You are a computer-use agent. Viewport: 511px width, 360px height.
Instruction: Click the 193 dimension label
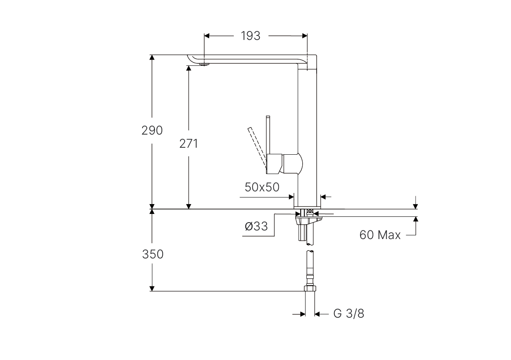(250, 36)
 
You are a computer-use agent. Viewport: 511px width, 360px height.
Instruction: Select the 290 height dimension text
(152, 130)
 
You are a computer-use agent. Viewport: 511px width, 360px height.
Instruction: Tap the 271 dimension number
(189, 144)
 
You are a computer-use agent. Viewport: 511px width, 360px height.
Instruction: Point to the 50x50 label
(262, 187)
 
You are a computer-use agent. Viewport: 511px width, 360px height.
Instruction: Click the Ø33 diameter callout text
(256, 226)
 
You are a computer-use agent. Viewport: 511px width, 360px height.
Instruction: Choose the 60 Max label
(380, 235)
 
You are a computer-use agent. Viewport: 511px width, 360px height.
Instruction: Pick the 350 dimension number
(153, 254)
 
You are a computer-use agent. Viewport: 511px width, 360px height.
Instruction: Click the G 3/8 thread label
(349, 314)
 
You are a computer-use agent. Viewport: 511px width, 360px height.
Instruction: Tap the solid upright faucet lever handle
(268, 135)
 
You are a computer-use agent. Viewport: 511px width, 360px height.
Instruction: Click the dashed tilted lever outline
(257, 148)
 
